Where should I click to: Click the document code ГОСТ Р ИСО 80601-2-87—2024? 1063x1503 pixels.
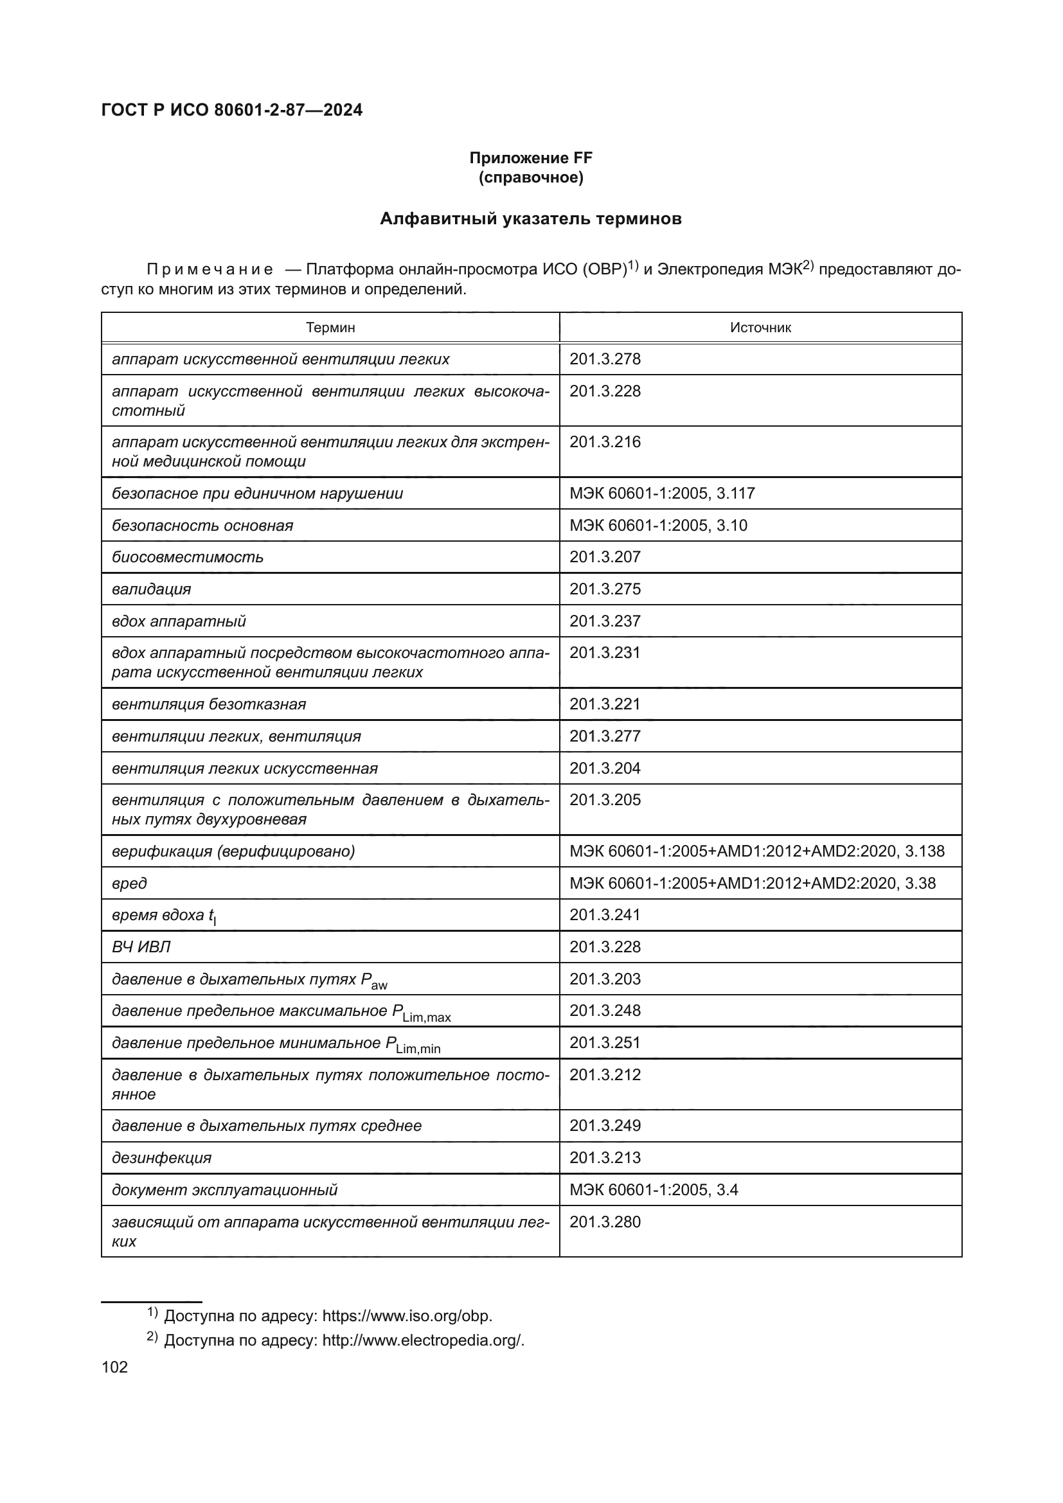[x=232, y=110]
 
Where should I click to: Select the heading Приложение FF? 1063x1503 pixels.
[x=530, y=158]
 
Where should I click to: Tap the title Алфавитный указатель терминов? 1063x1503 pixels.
[x=530, y=218]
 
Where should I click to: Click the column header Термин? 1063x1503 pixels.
[x=330, y=327]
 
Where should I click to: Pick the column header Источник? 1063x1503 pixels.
[x=760, y=327]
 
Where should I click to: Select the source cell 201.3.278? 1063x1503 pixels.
[x=605, y=359]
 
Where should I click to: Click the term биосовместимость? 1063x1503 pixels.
[x=188, y=557]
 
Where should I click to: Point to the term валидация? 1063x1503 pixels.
[x=151, y=589]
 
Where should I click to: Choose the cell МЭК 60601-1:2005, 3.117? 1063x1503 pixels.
[x=662, y=494]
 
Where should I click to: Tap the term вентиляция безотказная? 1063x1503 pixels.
[x=209, y=704]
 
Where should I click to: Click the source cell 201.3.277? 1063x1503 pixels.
[x=605, y=736]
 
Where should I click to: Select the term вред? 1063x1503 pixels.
[x=130, y=883]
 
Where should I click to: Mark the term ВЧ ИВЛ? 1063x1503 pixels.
[x=141, y=947]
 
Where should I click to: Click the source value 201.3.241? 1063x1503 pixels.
[x=605, y=914]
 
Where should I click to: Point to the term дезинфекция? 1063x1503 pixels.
[x=162, y=1157]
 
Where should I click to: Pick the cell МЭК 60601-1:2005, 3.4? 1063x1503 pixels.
[x=653, y=1189]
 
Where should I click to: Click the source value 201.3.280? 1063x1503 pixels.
[x=605, y=1222]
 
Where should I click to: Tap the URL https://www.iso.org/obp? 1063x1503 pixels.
[x=406, y=1316]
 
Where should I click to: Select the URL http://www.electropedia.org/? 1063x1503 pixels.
[x=423, y=1340]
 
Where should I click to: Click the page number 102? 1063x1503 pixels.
[x=114, y=1367]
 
